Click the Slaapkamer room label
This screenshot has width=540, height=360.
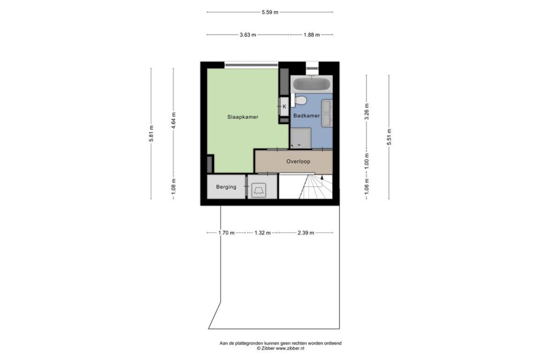[243, 117]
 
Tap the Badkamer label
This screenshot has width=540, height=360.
[306, 116]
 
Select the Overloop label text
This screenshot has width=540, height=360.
[298, 161]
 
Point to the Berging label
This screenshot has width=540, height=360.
[226, 187]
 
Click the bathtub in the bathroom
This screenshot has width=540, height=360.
[311, 84]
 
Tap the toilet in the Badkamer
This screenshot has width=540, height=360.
[301, 100]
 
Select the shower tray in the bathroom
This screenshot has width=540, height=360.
[301, 138]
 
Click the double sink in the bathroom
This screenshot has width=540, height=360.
[327, 113]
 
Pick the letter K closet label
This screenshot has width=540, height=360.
[284, 107]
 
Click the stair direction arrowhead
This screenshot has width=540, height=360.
[322, 177]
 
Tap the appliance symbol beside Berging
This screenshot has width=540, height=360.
[259, 190]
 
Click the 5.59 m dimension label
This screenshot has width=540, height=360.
[270, 12]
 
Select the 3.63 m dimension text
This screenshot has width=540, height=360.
[248, 35]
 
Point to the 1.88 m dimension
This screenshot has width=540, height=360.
[312, 35]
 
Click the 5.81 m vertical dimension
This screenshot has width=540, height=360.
[151, 134]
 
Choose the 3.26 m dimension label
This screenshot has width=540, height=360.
[367, 112]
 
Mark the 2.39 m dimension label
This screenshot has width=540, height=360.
[306, 233]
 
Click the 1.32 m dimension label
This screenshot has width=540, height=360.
[262, 233]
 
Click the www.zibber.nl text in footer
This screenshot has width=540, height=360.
[290, 348]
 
